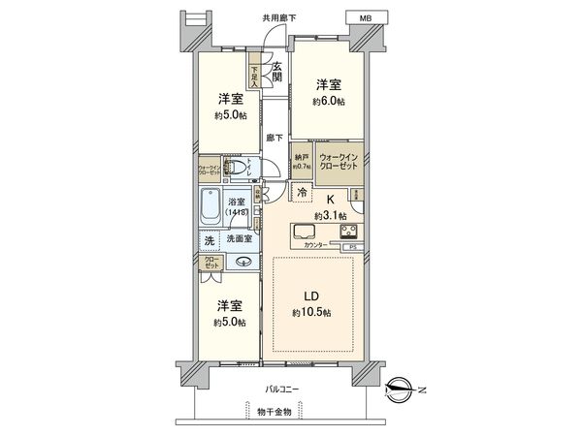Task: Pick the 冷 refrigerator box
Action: [x=304, y=193]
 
